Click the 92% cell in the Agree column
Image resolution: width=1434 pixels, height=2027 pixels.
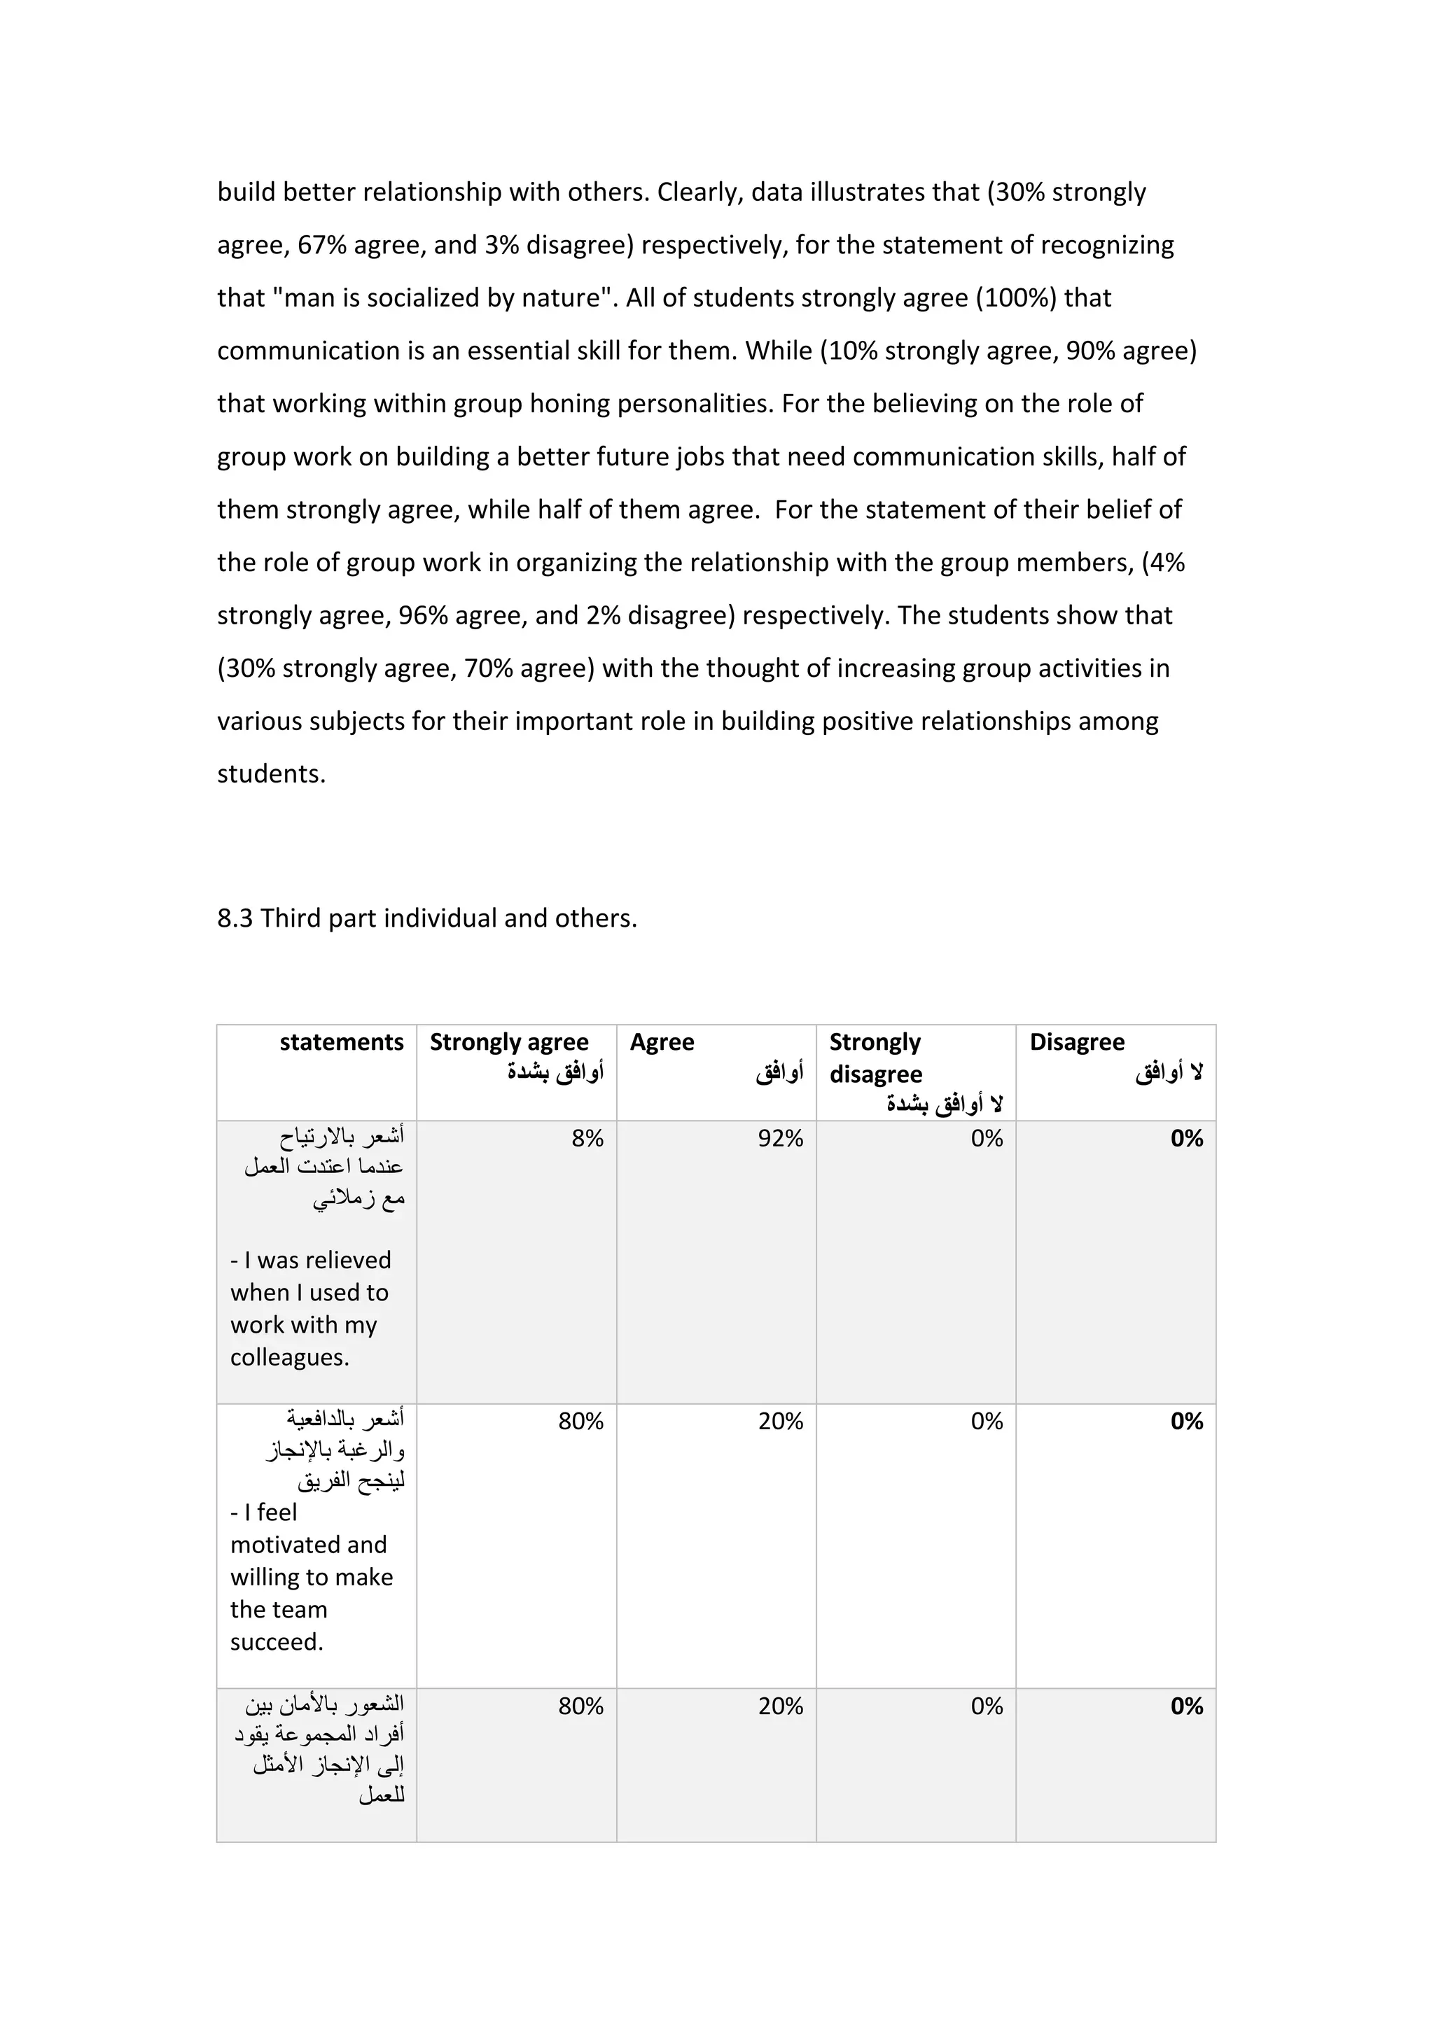[780, 1139]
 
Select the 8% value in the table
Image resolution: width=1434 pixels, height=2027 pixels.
[587, 1139]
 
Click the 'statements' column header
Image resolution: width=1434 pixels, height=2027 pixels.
[341, 1043]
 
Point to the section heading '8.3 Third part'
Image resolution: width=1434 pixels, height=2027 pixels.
[426, 919]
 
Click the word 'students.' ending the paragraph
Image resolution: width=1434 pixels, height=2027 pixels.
[271, 774]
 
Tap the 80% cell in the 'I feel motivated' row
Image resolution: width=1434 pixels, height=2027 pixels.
[580, 1422]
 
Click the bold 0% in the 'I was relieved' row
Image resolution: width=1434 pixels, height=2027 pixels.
[1186, 1139]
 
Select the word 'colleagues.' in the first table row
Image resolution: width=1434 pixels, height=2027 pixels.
[290, 1357]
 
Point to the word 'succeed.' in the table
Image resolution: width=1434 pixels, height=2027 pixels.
[277, 1642]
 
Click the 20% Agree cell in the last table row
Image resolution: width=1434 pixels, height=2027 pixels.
[780, 1706]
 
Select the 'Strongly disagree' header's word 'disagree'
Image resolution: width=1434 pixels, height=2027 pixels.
[875, 1074]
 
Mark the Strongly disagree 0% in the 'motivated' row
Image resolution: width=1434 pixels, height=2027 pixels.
[987, 1422]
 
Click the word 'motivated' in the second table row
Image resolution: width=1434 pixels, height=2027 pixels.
[308, 1545]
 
